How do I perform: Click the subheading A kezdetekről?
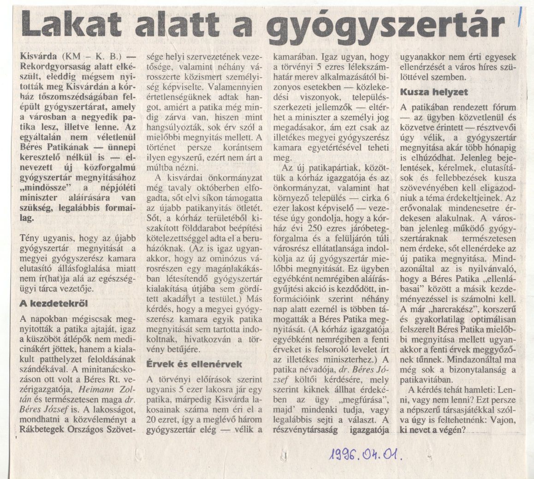(53, 303)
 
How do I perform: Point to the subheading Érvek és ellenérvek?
(194, 364)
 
